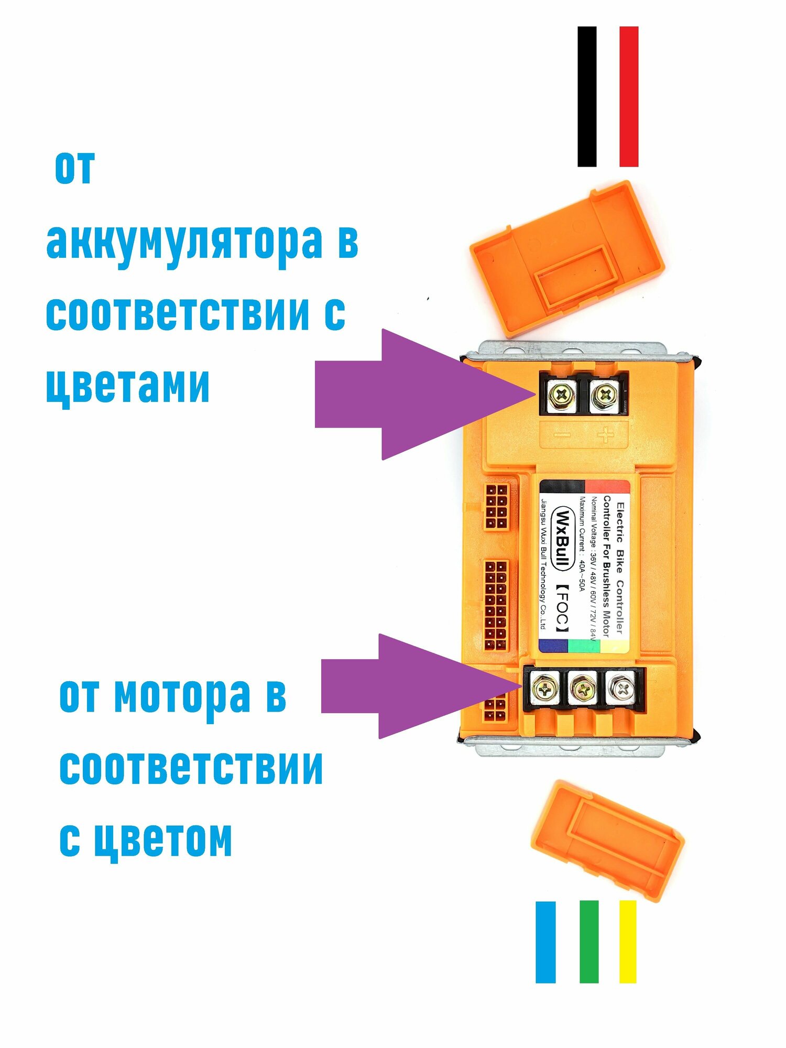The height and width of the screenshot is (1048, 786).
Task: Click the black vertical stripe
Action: click(587, 97)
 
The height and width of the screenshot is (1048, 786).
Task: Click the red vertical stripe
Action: click(629, 97)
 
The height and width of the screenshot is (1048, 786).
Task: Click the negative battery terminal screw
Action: click(561, 394)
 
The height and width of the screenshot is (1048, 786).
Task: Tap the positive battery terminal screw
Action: click(605, 394)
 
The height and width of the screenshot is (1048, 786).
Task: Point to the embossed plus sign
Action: click(606, 435)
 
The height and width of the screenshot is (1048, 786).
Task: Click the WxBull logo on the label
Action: click(562, 539)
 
